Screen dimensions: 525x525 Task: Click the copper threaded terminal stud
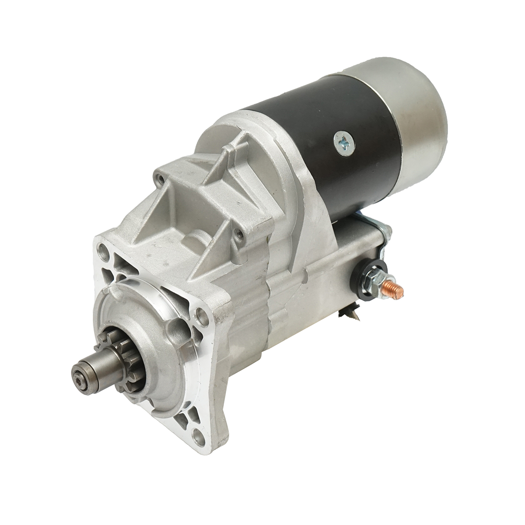coord(399,289)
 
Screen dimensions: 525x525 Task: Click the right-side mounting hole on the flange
coord(202,313)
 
